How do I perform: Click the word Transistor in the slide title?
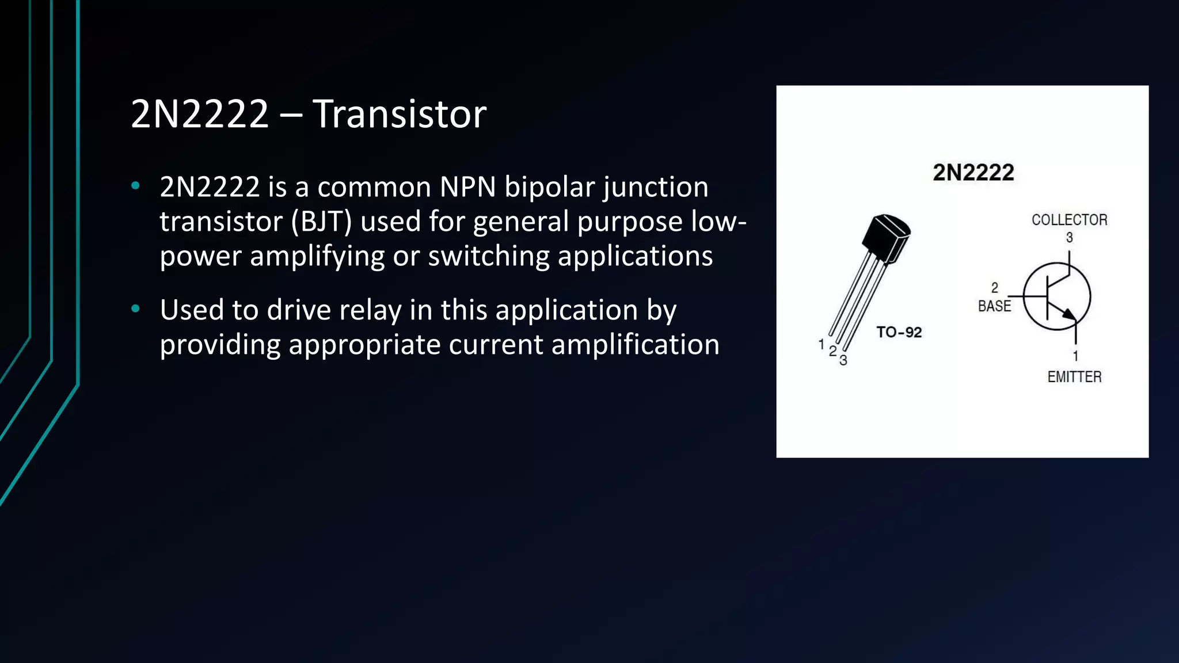400,114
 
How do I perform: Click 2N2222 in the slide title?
200,114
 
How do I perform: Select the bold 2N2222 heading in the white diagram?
973,173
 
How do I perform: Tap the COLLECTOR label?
1069,220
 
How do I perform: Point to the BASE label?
994,306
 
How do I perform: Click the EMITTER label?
1074,377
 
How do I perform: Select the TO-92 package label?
899,332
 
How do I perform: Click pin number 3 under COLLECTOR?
1069,237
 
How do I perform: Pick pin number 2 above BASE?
994,288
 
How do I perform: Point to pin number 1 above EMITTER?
1075,356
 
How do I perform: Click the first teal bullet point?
136,186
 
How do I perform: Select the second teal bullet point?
136,309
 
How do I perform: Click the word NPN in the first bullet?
467,187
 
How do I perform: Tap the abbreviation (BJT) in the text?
321,222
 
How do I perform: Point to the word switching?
488,256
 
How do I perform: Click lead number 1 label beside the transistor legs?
822,344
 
